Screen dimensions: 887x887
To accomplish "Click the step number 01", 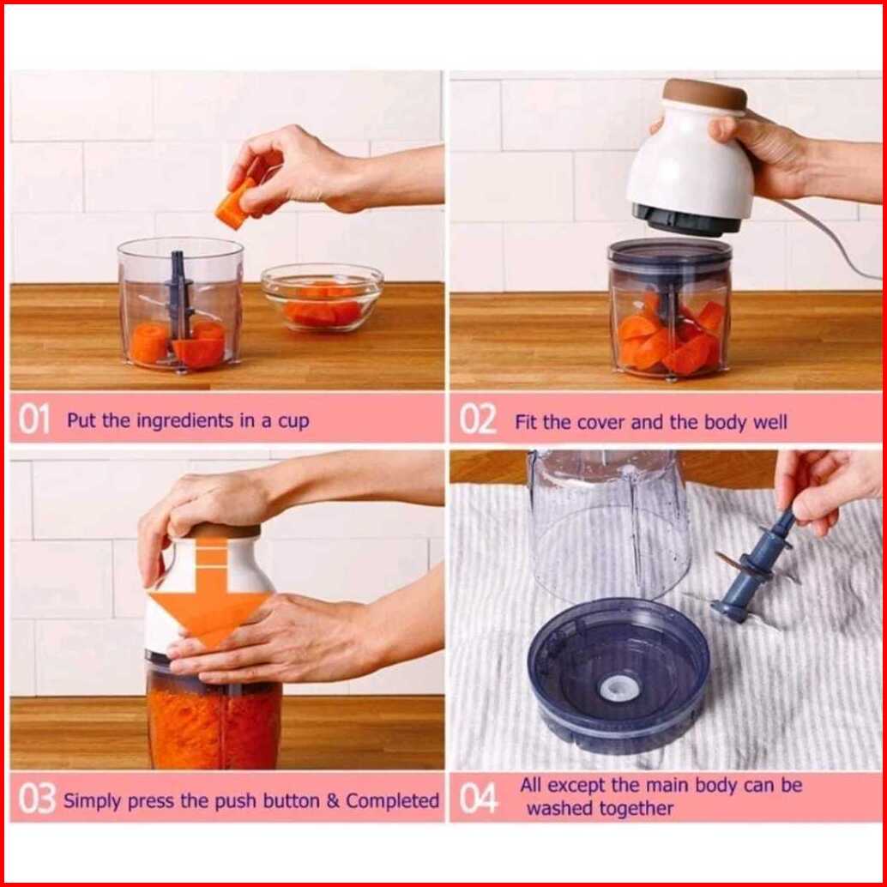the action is [34, 419].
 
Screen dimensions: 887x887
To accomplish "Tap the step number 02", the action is [478, 419].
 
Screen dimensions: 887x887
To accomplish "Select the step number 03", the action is [37, 800].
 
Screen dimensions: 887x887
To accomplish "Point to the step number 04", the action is [479, 800].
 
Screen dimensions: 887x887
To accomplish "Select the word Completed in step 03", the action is [392, 800].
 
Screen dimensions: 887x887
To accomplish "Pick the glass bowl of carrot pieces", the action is [322, 297].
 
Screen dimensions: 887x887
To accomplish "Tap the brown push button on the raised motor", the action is [705, 94].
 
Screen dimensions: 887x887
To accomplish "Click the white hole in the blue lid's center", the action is [620, 687].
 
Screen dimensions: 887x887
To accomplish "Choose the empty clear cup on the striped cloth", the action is [609, 523].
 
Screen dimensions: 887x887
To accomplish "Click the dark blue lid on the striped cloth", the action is [618, 676].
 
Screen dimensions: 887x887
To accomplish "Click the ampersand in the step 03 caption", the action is [333, 801].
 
